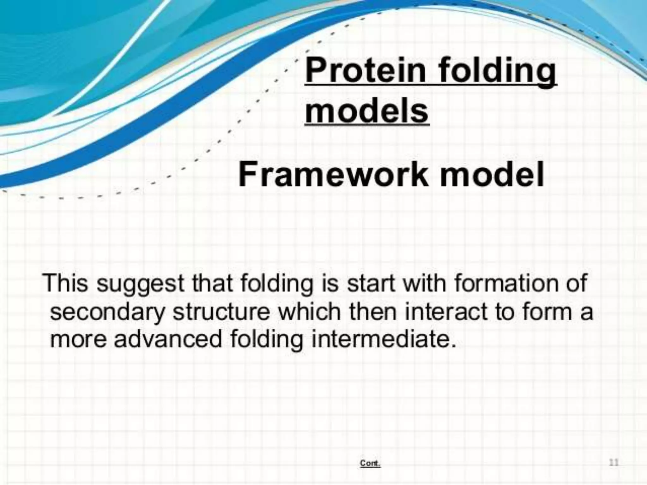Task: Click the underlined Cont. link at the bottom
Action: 370,463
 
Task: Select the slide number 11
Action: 614,463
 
